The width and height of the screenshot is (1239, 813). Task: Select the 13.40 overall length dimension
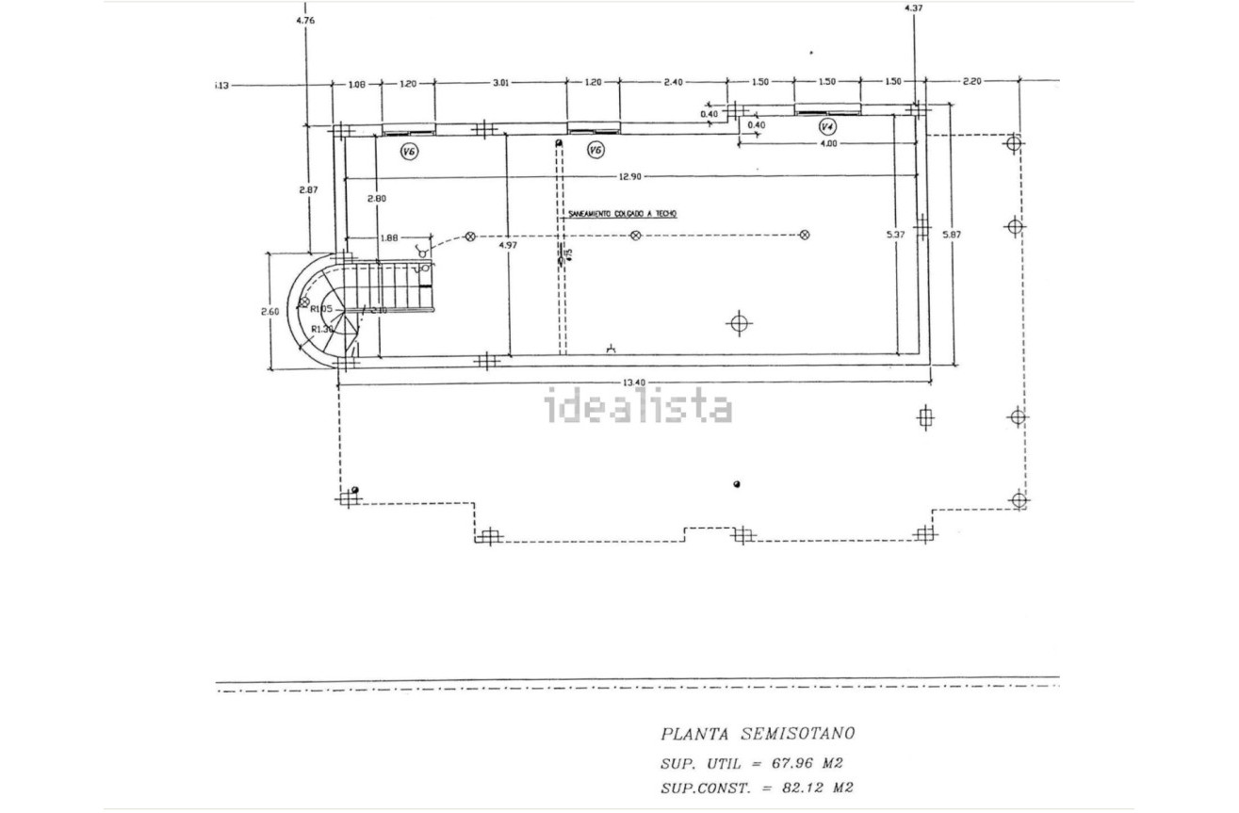click(x=633, y=382)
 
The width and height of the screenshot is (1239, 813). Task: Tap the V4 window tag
click(x=827, y=126)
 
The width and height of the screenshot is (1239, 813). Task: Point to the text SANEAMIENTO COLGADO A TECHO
click(x=622, y=214)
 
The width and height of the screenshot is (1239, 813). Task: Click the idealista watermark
click(x=639, y=407)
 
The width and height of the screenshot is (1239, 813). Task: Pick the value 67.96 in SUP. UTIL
click(x=781, y=763)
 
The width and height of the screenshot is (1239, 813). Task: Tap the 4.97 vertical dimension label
click(x=507, y=245)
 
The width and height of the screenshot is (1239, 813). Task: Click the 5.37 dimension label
click(x=896, y=235)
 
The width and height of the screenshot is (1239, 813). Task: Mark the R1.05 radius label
click(x=322, y=309)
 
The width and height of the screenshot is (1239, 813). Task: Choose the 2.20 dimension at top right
click(x=970, y=81)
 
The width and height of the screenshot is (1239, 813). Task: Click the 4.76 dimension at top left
click(x=305, y=19)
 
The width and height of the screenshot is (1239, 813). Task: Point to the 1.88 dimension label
click(x=387, y=238)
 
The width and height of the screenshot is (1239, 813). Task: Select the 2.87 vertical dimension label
click(x=308, y=189)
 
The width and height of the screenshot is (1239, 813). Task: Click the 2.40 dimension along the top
click(x=673, y=83)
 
